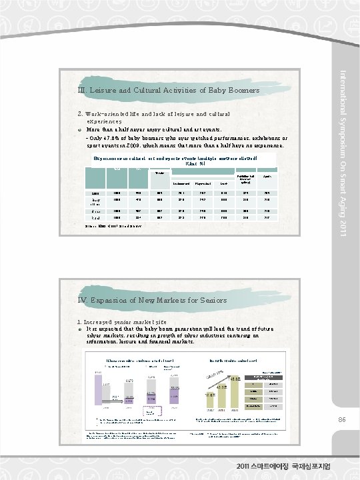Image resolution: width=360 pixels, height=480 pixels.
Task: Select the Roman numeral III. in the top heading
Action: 80,90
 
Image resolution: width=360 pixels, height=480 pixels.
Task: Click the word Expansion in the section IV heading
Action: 111,300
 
